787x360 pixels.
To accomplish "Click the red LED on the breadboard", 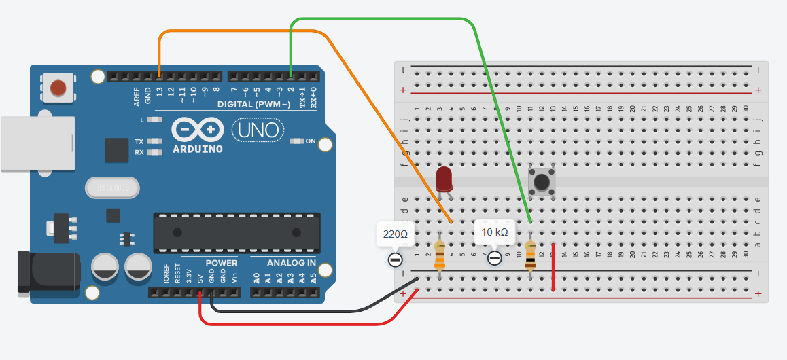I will click(444, 179).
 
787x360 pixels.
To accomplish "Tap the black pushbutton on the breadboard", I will click(542, 182).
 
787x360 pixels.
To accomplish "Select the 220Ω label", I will click(395, 234).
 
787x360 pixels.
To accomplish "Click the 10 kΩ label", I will click(494, 232).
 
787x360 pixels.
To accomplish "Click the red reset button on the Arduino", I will click(58, 88).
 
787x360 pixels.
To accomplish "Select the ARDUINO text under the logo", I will click(198, 149).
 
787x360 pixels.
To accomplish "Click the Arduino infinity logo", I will click(198, 129).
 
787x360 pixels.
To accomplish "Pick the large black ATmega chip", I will click(236, 233).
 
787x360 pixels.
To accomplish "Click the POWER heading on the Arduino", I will click(222, 263).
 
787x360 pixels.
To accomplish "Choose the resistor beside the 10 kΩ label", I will click(530, 254).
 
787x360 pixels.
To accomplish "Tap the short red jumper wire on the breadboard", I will click(553, 267).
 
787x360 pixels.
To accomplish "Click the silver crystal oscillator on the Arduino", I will click(112, 187).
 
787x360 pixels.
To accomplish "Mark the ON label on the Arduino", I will click(311, 141).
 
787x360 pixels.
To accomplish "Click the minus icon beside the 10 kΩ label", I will click(495, 258).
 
